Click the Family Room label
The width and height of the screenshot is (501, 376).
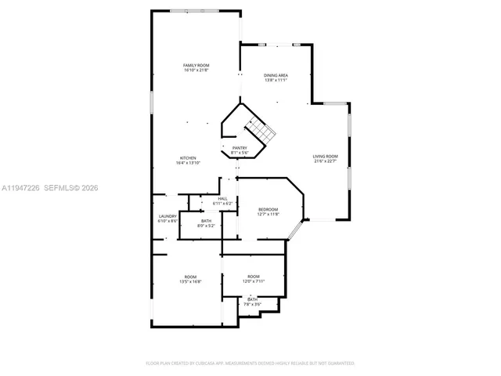click(196, 65)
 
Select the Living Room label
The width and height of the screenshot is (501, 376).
click(326, 156)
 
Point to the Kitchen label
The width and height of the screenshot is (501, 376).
click(188, 157)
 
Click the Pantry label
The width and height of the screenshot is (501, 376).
click(240, 148)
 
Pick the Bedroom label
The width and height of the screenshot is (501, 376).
click(269, 209)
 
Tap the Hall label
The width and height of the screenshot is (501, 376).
click(223, 199)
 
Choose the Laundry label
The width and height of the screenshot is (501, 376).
click(168, 216)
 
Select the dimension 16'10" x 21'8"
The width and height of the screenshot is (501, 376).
click(196, 70)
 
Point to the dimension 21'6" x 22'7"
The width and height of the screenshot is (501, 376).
click(326, 161)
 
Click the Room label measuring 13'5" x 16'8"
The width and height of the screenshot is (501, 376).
click(190, 277)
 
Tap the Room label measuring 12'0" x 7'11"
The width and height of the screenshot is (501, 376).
click(253, 277)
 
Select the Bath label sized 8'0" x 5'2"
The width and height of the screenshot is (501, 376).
click(206, 221)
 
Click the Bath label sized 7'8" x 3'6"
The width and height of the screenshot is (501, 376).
click(253, 299)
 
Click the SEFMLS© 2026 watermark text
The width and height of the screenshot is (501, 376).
click(70, 188)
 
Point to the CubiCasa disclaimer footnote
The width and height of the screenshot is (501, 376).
click(250, 363)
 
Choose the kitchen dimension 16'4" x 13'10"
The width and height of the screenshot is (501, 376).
click(188, 163)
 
